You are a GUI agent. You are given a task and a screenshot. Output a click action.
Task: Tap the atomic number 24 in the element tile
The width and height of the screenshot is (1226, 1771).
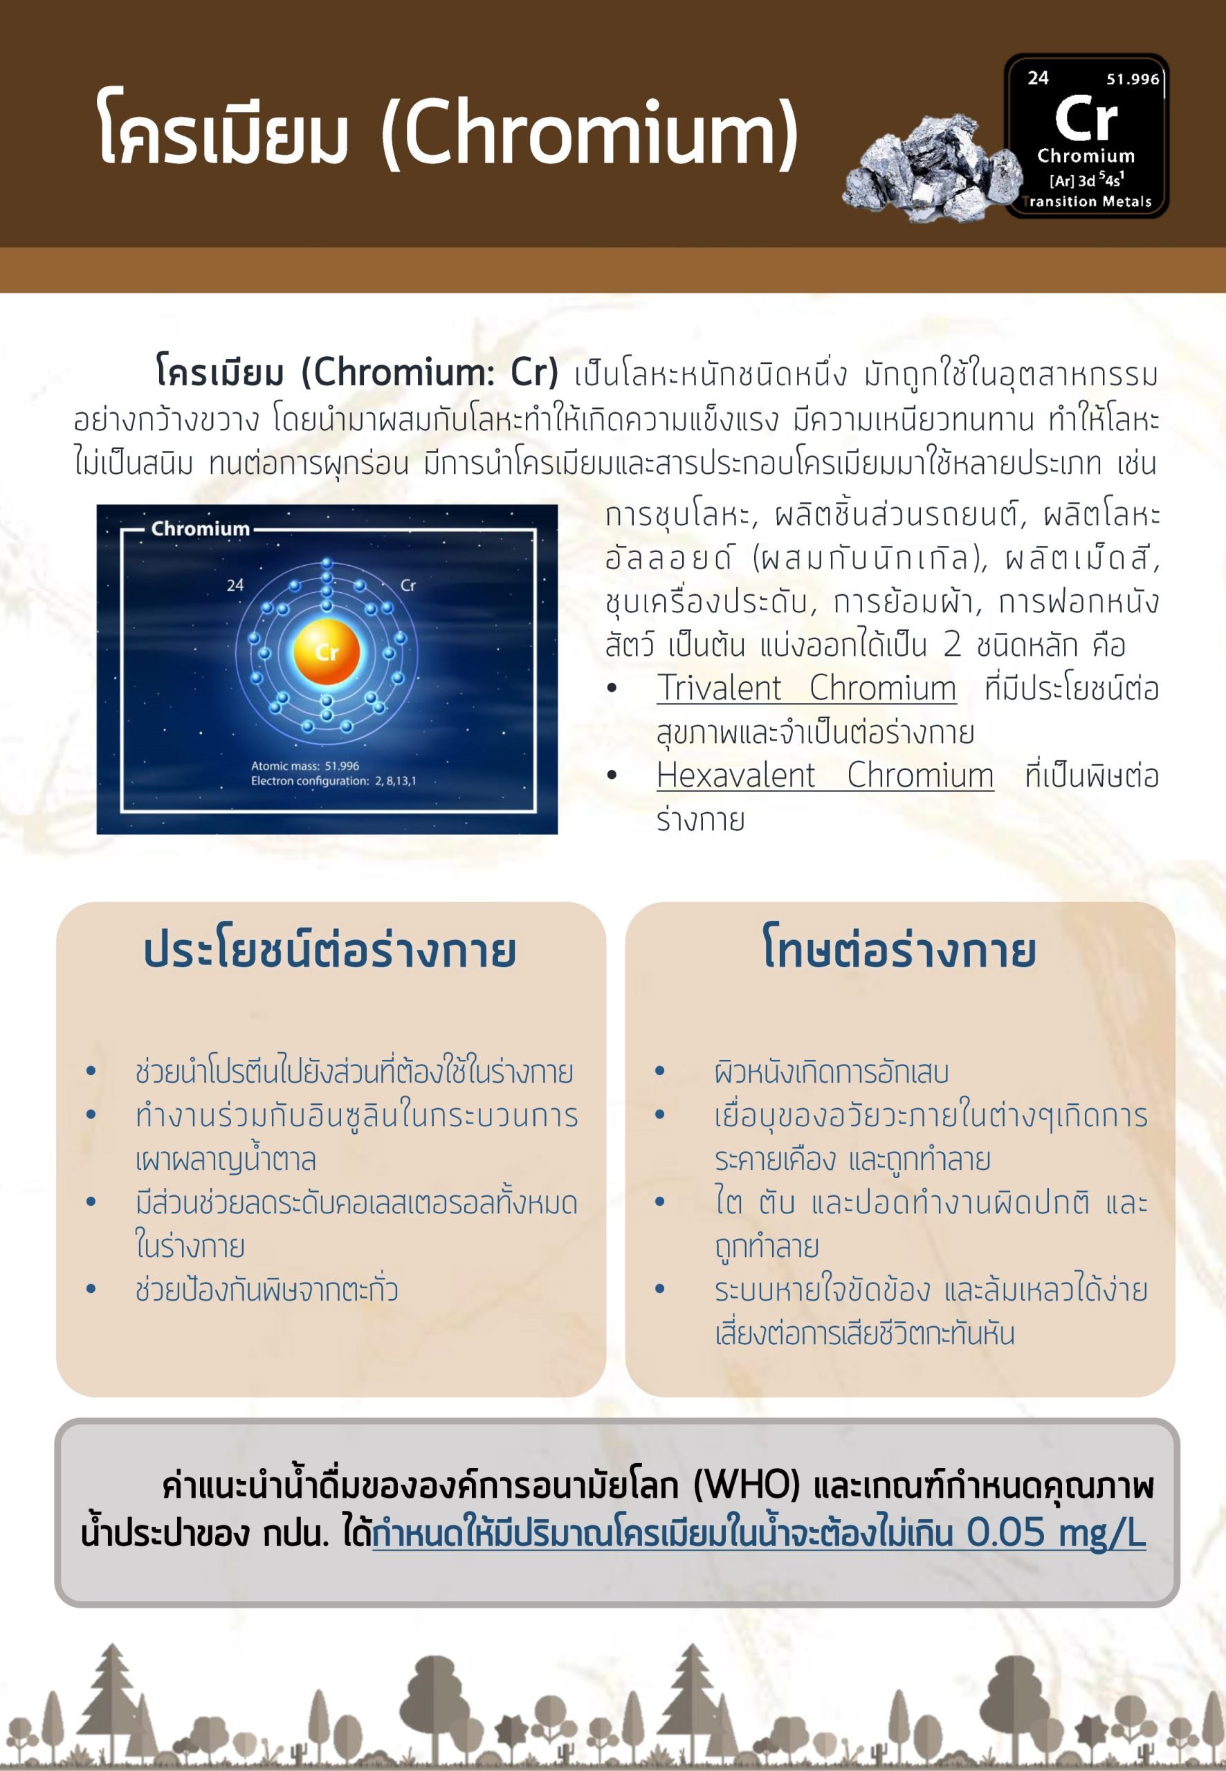click(1038, 78)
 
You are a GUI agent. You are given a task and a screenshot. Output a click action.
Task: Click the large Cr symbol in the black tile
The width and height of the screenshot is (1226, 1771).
click(1086, 118)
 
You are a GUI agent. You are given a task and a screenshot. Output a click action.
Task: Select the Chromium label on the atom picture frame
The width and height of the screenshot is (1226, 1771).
click(201, 529)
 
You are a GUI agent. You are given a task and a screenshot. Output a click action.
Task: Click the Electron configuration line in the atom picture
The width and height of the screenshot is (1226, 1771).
click(333, 781)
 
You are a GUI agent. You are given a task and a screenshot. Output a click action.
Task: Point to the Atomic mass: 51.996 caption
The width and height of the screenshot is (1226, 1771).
click(305, 766)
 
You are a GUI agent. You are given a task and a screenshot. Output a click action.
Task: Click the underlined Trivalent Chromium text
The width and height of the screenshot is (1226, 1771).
click(806, 688)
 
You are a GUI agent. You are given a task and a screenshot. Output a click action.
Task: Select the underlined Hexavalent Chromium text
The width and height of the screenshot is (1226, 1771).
click(825, 776)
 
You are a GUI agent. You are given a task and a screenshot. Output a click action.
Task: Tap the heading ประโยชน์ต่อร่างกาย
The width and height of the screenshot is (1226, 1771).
click(329, 951)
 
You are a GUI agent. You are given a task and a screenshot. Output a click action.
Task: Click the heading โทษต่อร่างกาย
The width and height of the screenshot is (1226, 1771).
click(899, 949)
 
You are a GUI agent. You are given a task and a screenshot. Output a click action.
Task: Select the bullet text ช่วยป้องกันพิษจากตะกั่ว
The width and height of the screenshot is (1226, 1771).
click(266, 1290)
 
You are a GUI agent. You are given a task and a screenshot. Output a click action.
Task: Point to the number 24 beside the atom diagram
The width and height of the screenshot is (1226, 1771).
click(235, 585)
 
